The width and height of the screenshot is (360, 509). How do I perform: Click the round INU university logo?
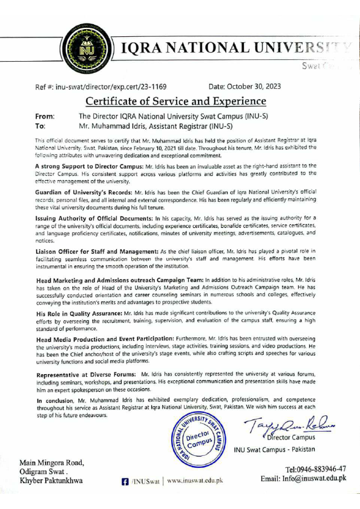86,47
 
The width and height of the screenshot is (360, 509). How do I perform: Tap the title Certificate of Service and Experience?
175,101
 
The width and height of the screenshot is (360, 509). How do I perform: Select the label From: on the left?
45,116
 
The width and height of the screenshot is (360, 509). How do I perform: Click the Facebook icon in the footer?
125,481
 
